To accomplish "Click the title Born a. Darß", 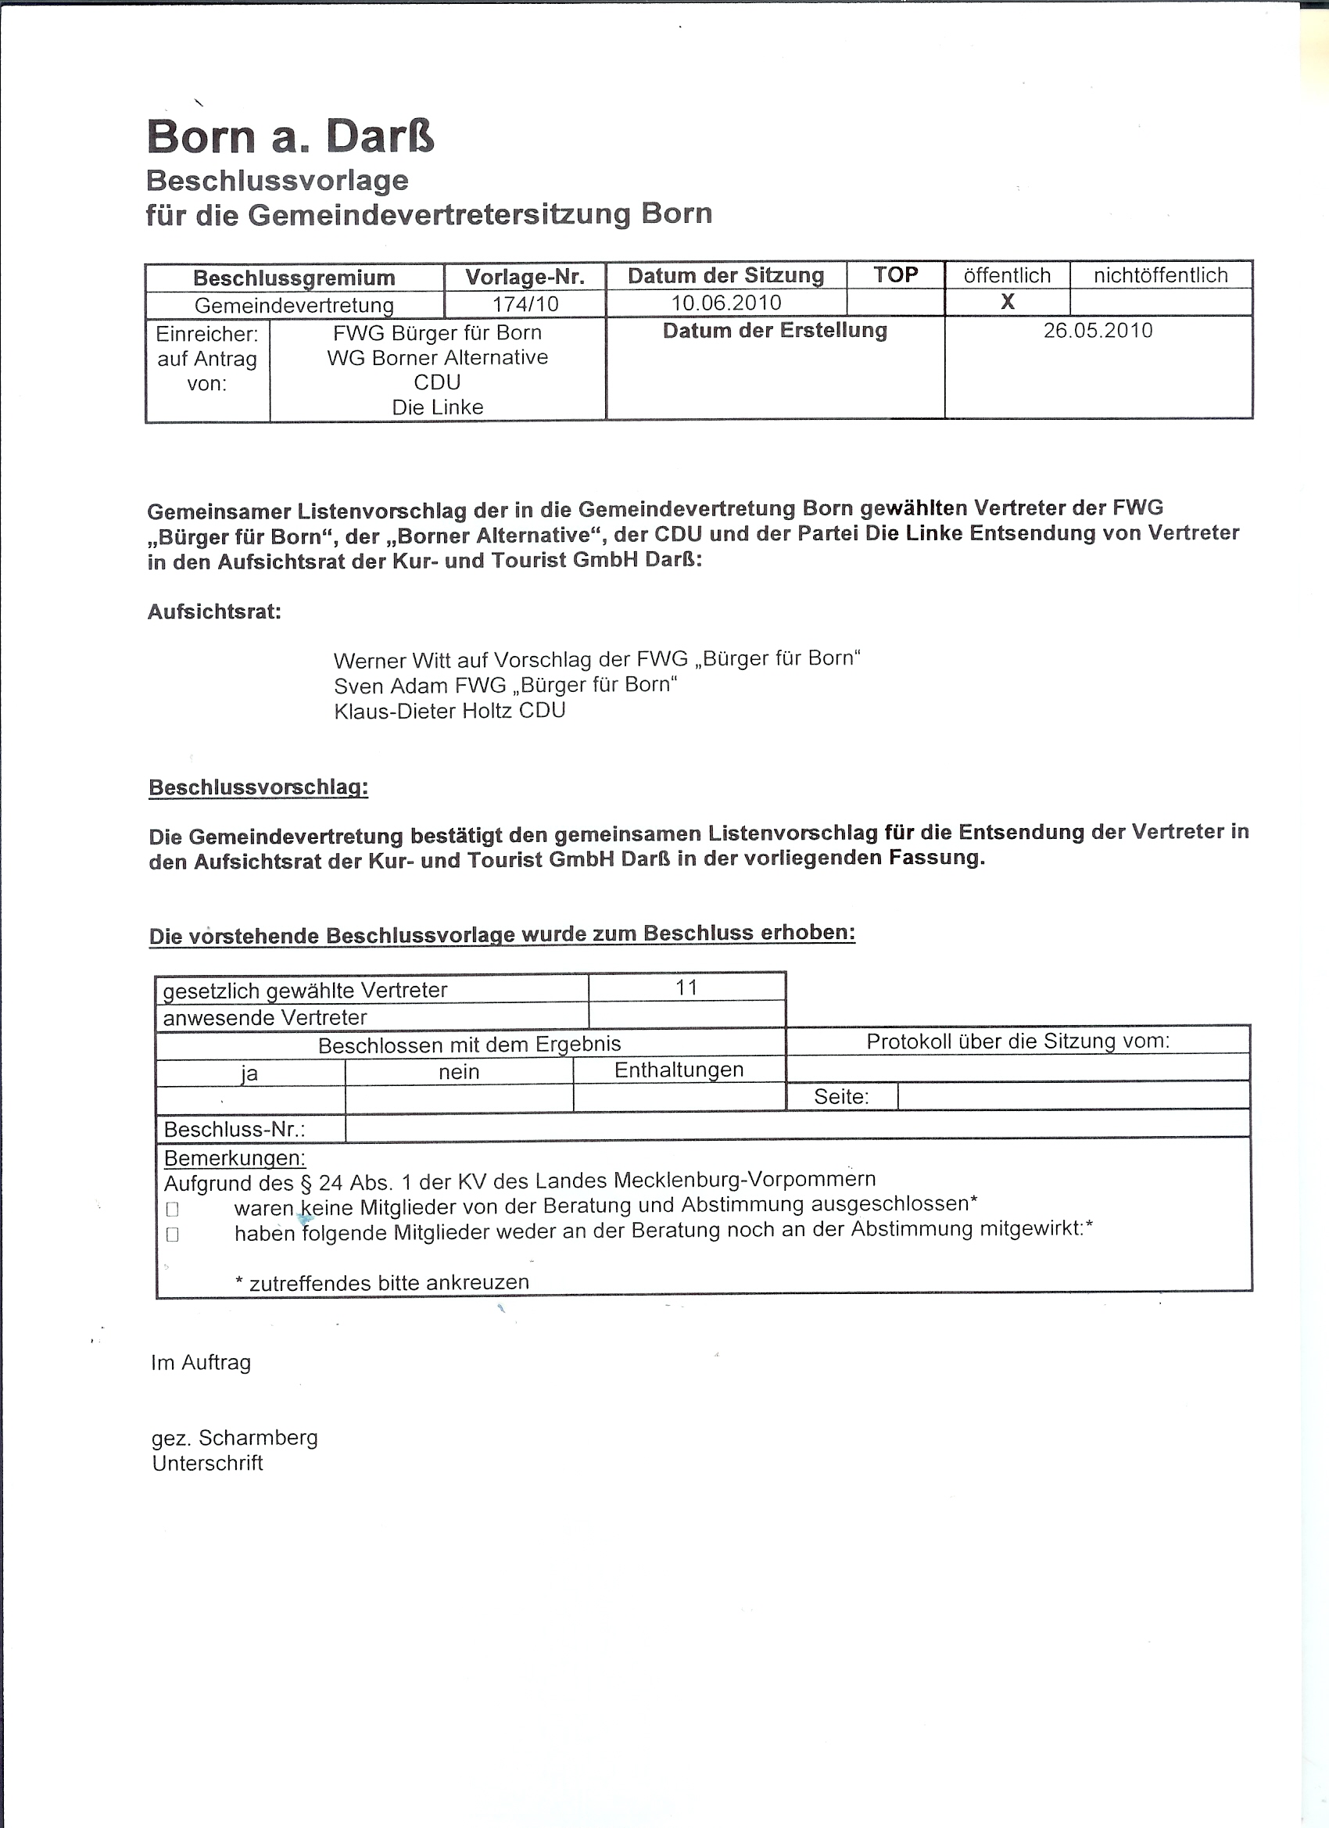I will [290, 135].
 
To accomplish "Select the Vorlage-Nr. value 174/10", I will [525, 305].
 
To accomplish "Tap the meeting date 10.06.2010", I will [725, 303].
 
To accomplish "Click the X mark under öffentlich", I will [1007, 303].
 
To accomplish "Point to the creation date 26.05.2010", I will [1098, 331].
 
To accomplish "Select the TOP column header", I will [894, 275].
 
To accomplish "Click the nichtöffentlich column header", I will [1160, 276].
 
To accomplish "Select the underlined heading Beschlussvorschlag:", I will [258, 787].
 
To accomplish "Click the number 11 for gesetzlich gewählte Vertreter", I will [686, 987].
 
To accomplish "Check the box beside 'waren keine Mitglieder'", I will [172, 1209].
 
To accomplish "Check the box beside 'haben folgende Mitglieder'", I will [172, 1234].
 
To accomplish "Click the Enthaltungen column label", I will [679, 1070].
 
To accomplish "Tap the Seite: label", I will [840, 1096].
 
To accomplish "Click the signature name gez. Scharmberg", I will [235, 1438].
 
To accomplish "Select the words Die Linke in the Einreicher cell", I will [438, 407].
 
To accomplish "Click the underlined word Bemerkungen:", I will [235, 1158].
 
